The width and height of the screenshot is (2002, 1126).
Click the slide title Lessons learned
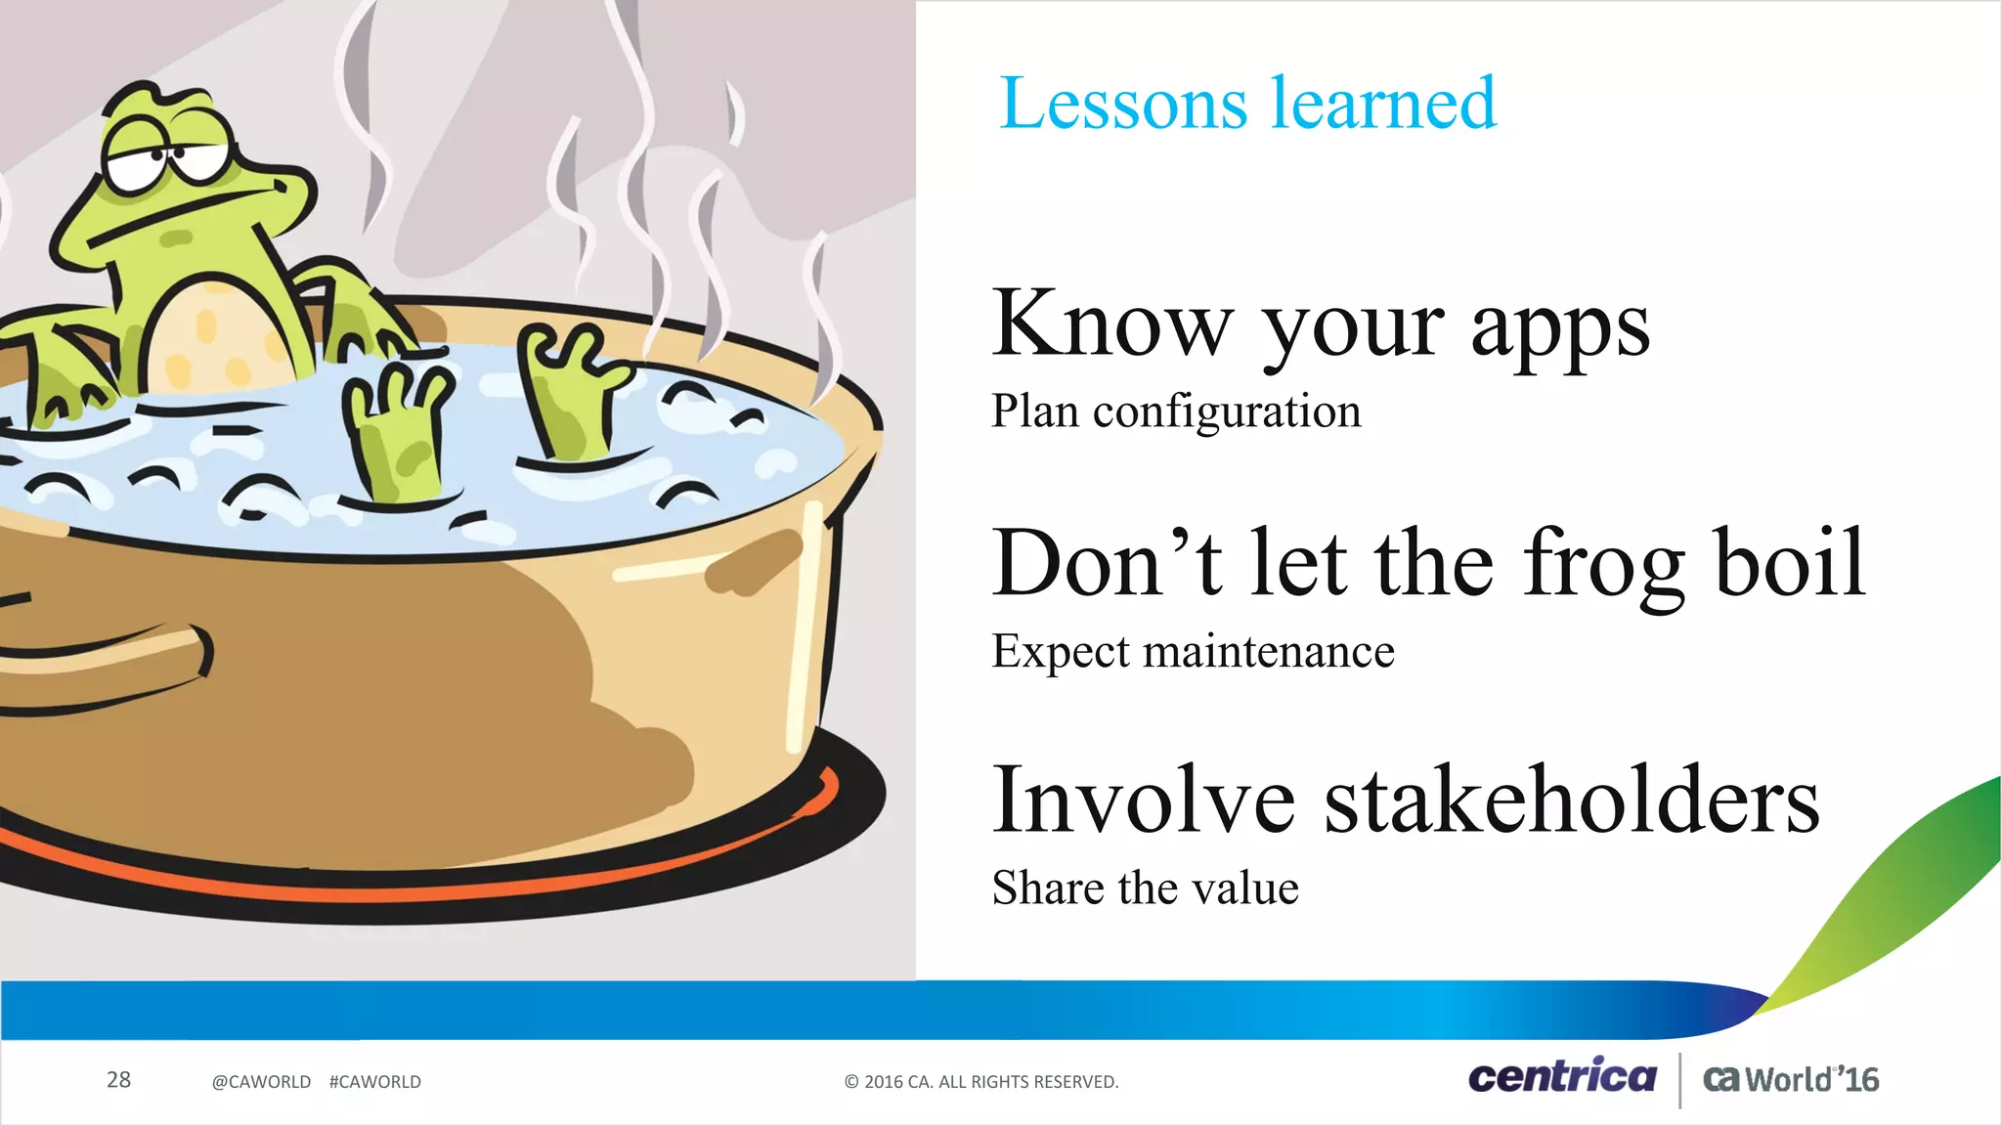pyautogui.click(x=1247, y=104)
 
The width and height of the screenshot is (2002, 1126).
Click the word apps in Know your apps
pyautogui.click(x=1560, y=330)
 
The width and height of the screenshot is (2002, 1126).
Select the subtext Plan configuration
pyautogui.click(x=1176, y=411)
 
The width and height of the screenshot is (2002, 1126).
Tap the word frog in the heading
pyautogui.click(x=1603, y=565)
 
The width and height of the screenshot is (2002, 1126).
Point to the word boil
pyautogui.click(x=1791, y=563)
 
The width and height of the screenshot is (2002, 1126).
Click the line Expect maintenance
pyautogui.click(x=1193, y=652)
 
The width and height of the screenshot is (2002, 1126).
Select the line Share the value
pyautogui.click(x=1145, y=888)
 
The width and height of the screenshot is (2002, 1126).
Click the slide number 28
pyautogui.click(x=118, y=1080)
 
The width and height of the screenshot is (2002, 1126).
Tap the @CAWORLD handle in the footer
pyautogui.click(x=261, y=1082)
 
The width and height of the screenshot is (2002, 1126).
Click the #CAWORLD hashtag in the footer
pyautogui.click(x=375, y=1082)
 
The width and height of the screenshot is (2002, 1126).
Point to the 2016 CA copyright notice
pyautogui.click(x=980, y=1082)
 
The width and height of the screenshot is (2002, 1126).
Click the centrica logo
pyautogui.click(x=1562, y=1077)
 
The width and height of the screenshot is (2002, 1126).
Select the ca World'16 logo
pyautogui.click(x=1790, y=1080)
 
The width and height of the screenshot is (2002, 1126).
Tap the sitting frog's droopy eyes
pyautogui.click(x=166, y=161)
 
